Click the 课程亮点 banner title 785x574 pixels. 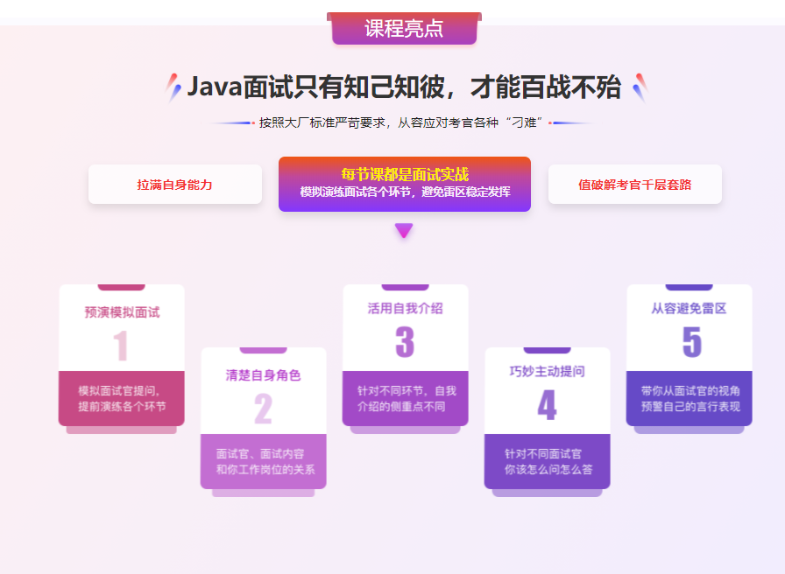404,28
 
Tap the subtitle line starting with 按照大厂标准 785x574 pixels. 402,122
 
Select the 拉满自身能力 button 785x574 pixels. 174,185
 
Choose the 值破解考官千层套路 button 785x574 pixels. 634,185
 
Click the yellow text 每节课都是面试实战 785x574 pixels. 404,174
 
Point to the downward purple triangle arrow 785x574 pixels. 403,231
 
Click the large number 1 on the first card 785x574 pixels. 121,345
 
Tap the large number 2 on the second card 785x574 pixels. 263,409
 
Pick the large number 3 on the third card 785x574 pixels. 405,342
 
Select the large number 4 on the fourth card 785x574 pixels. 547,405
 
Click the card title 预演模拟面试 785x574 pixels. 122,311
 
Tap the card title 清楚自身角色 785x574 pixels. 263,374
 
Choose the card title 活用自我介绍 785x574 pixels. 405,308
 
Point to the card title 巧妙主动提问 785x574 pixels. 547,371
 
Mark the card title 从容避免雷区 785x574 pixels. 689,308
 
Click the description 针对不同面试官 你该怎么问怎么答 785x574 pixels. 548,462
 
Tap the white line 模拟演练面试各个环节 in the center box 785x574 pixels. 404,192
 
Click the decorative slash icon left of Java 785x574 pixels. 173,87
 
